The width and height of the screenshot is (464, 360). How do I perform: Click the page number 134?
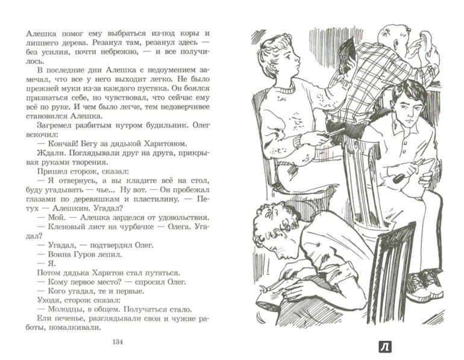tap(118, 342)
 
